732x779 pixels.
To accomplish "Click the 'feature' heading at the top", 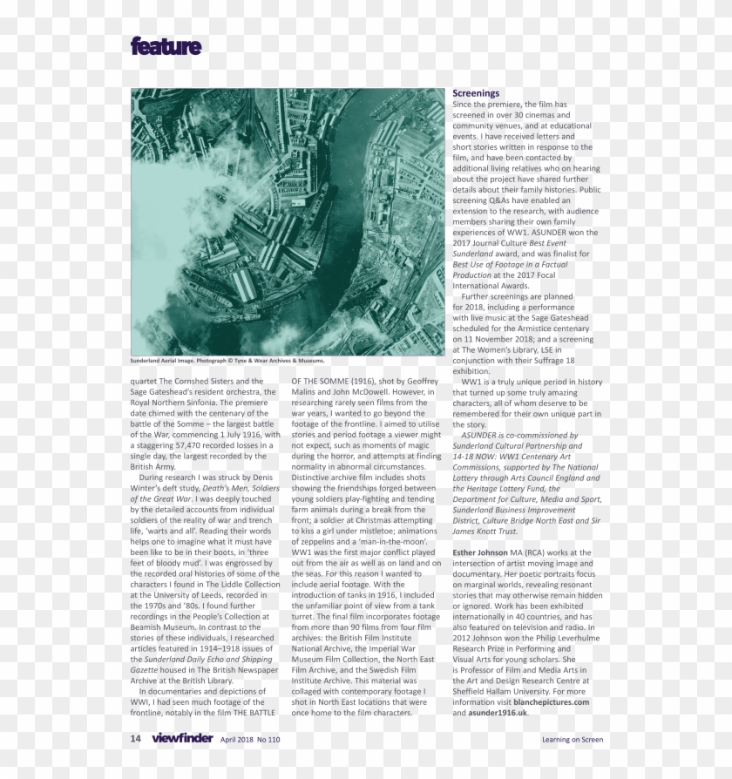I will (x=166, y=46).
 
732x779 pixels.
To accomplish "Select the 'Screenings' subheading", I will (x=476, y=93).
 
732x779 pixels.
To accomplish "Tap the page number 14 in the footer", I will (x=136, y=739).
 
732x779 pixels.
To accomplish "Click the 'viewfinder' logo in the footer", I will (x=181, y=739).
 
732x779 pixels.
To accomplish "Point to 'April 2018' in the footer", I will (x=237, y=740).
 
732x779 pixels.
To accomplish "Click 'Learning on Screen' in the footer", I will (x=572, y=740).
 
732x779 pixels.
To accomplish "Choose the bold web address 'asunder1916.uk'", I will (x=498, y=713).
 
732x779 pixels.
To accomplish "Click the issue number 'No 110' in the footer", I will (x=268, y=740).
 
